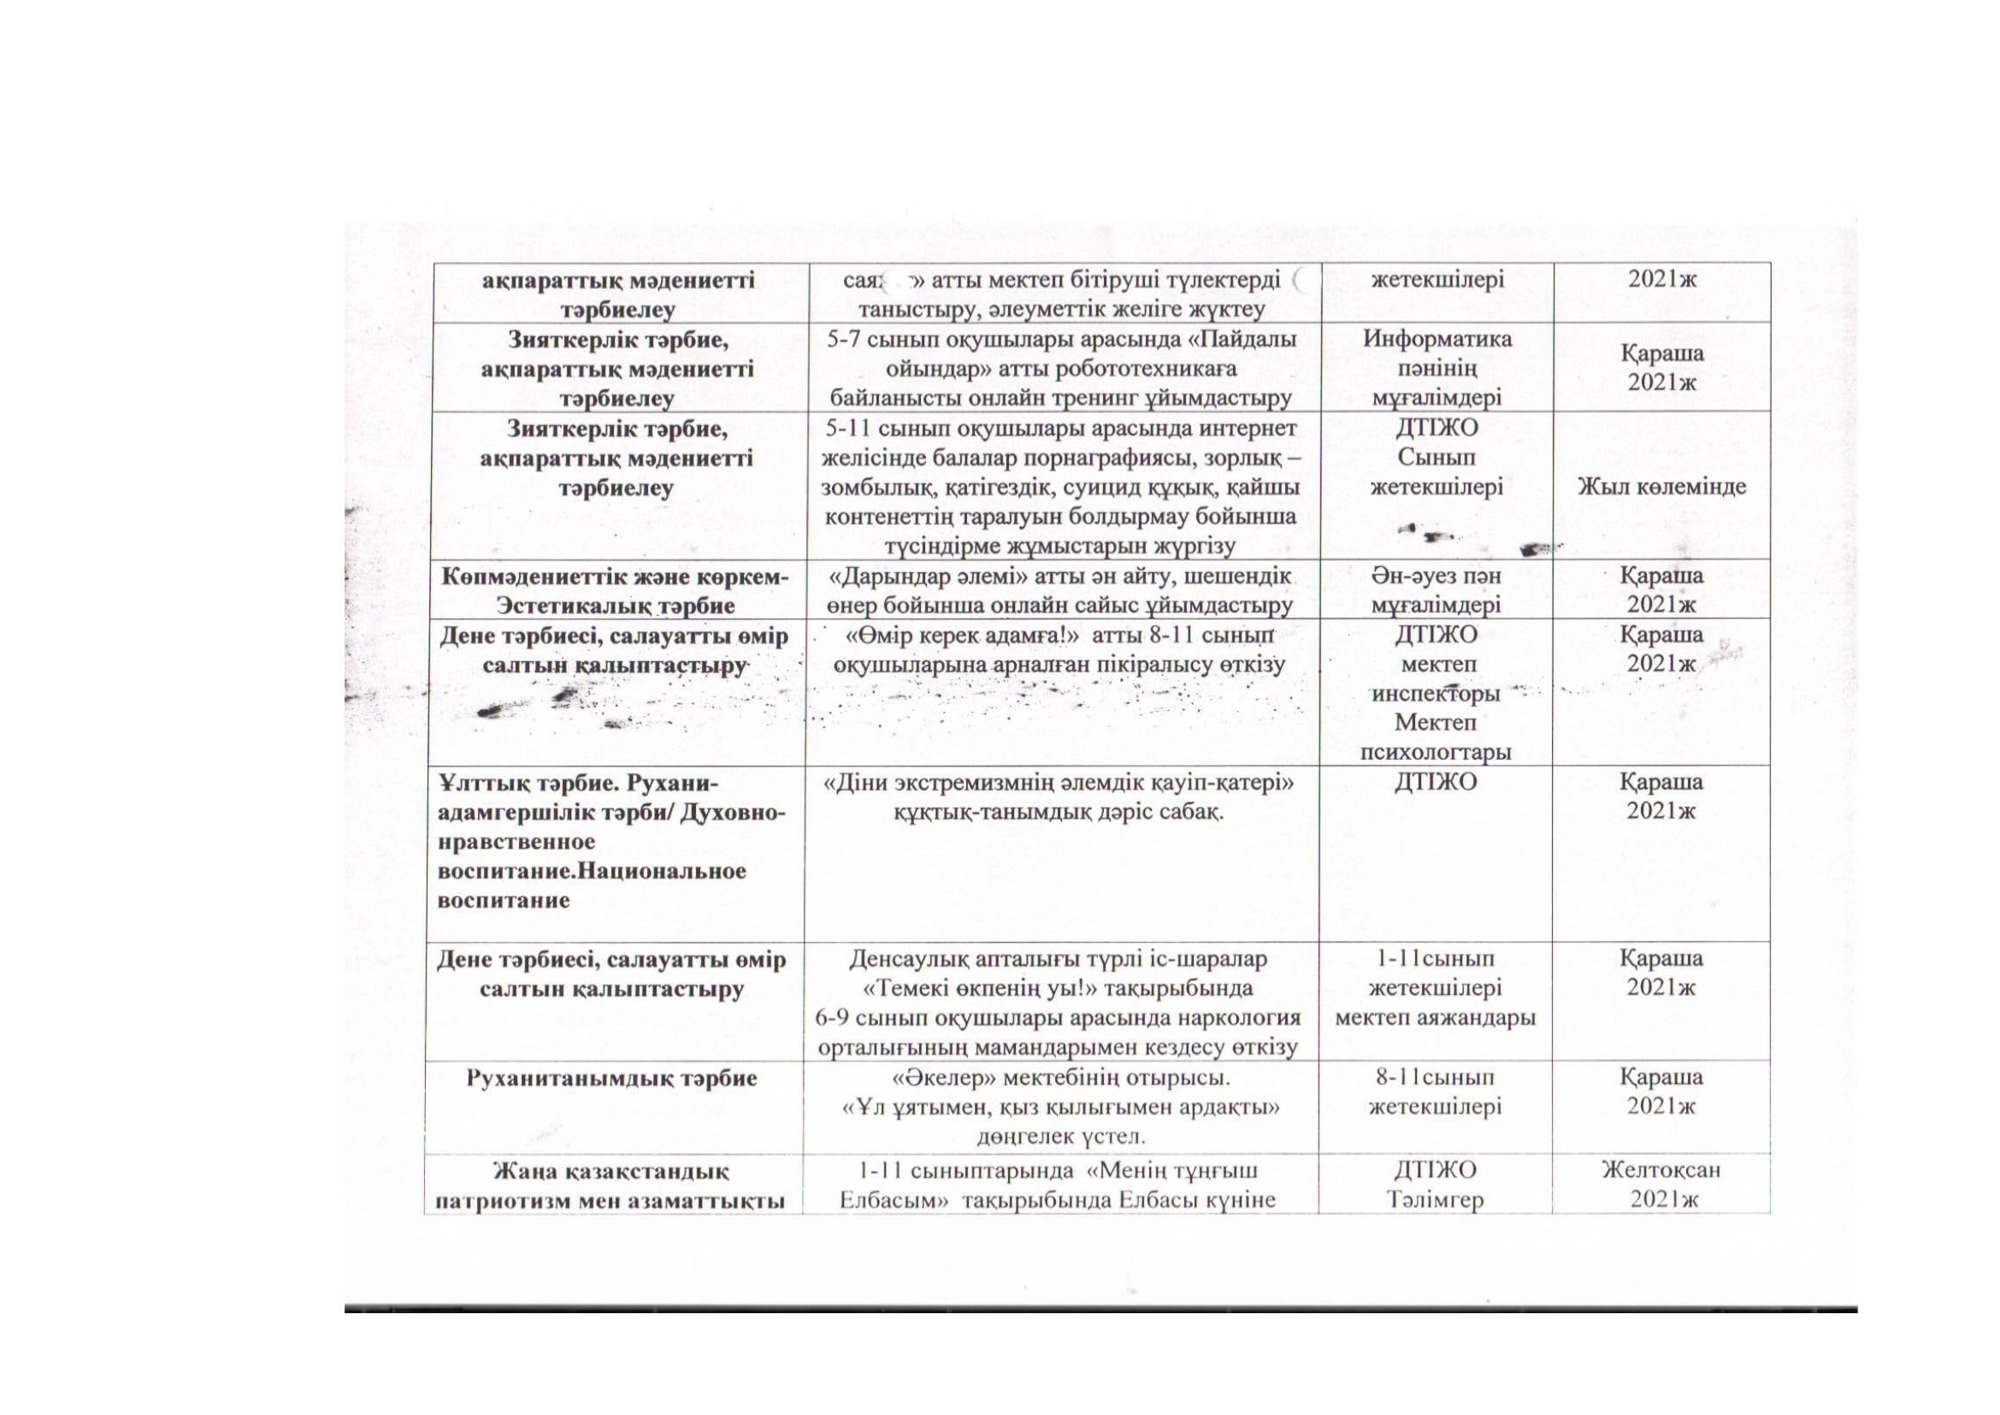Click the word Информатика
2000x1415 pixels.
point(1437,338)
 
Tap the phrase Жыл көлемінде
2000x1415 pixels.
point(1661,486)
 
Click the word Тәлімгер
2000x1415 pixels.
point(1435,1199)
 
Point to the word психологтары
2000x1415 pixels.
point(1436,752)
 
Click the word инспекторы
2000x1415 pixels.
point(1436,694)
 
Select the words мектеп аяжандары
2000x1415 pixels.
point(1435,1018)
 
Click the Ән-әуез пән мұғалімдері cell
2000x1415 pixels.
point(1436,590)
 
